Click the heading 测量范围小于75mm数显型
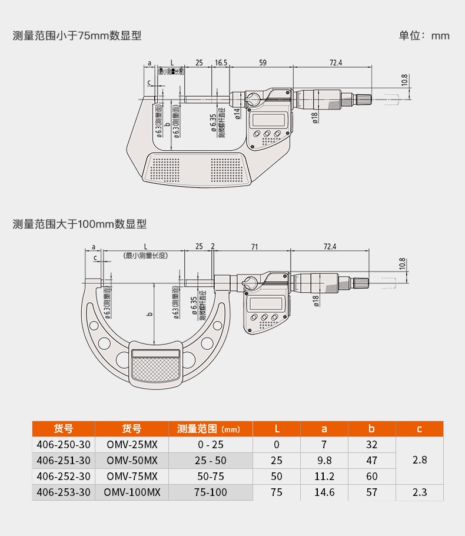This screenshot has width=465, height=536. coord(77,36)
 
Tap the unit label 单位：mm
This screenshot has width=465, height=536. coord(424,36)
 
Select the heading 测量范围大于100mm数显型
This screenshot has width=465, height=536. coord(79,224)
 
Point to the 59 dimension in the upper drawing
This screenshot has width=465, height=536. coord(263,62)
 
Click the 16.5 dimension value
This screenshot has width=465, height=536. coord(221,62)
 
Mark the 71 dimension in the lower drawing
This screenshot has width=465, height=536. coord(254,246)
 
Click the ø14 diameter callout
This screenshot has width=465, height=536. coord(237,114)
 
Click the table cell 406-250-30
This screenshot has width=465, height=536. coord(64,445)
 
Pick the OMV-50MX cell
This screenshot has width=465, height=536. coord(132,461)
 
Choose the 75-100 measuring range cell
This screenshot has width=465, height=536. coord(211,492)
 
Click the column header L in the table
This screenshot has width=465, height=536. coord(277,429)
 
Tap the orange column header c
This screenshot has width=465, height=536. coord(420,429)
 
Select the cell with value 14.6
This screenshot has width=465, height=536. coord(324,492)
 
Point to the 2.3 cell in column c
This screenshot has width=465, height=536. coord(420,492)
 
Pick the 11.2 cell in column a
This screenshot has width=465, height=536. coord(324,477)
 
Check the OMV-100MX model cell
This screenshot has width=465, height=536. coord(132,492)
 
